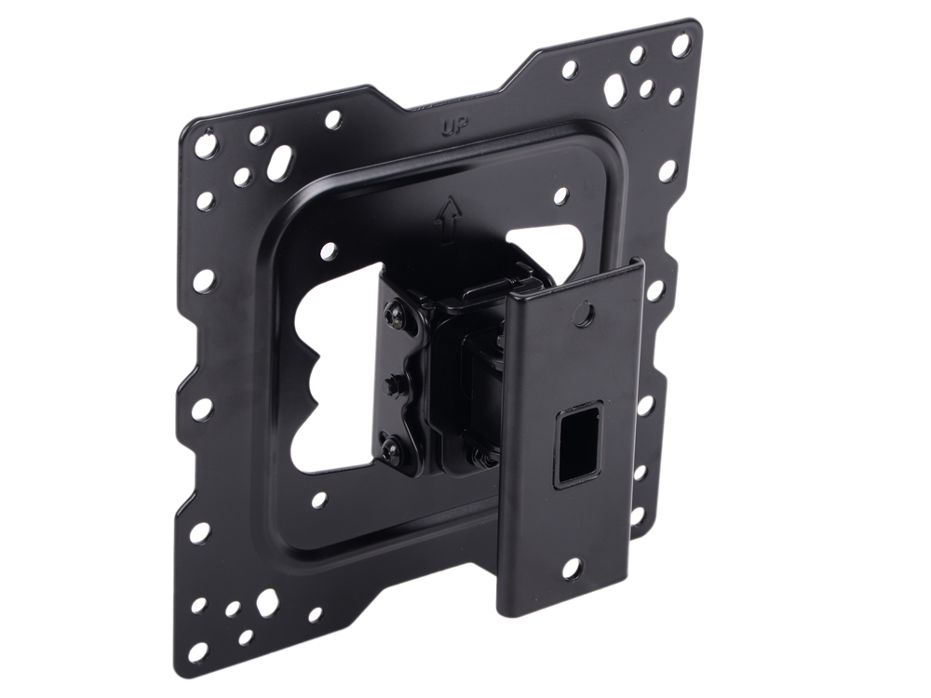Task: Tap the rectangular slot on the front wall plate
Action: pos(578,443)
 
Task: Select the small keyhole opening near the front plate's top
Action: pos(585,312)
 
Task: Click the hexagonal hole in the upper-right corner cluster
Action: pos(614,88)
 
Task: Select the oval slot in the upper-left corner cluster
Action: pos(279,160)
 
